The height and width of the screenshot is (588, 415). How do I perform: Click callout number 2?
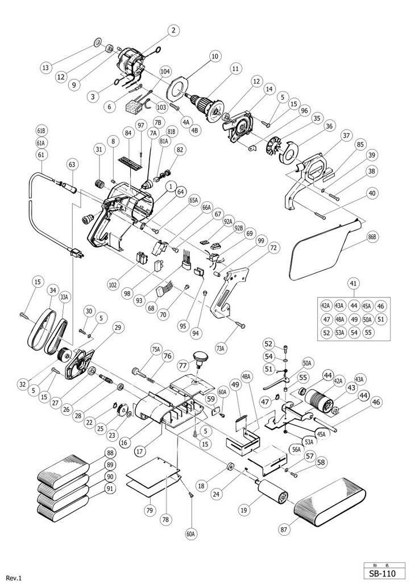coord(173,31)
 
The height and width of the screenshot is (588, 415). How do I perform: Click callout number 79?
coord(149,510)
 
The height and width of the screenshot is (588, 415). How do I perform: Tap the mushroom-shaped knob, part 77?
coord(200,359)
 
